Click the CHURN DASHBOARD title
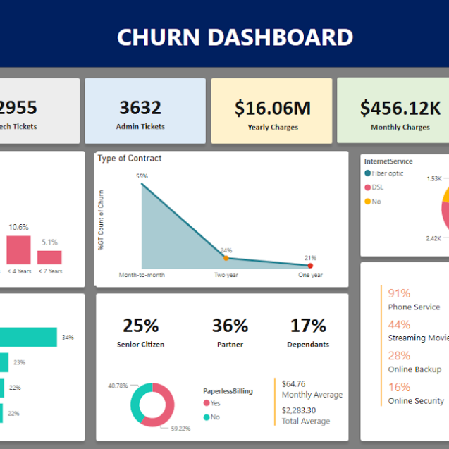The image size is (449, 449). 235,37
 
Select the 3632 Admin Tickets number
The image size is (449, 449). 140,108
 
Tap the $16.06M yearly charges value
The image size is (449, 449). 273,108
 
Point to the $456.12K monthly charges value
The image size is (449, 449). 400,108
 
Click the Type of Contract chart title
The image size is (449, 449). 130,158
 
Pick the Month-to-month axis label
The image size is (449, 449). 142,275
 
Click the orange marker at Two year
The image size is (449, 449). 226,258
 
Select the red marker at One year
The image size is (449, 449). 310,266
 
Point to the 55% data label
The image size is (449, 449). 142,176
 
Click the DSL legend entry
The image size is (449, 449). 377,187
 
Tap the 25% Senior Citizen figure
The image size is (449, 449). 141,326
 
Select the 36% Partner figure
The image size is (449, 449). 230,326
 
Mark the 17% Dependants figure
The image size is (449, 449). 309,326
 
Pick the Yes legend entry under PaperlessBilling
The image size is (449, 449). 211,403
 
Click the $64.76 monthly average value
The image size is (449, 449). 293,383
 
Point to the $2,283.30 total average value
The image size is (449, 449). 300,410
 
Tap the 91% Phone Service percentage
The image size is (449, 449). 399,293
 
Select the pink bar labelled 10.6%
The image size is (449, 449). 19,250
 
